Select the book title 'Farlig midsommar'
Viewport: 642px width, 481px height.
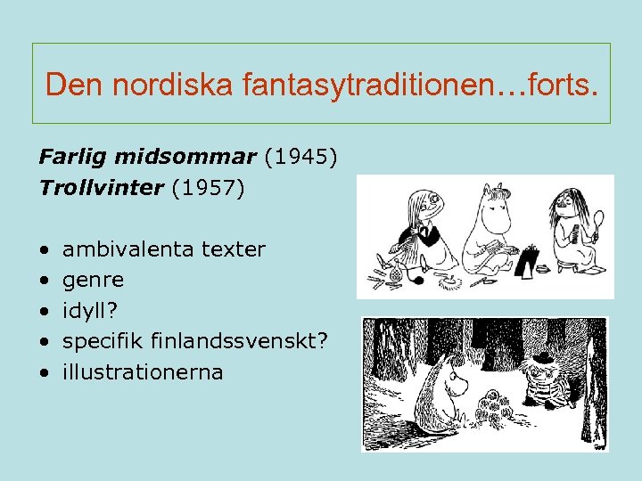(x=146, y=158)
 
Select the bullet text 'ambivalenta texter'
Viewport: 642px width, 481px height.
(x=164, y=249)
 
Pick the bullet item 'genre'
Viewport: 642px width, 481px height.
(x=93, y=280)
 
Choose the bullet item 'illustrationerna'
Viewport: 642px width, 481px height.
(x=143, y=371)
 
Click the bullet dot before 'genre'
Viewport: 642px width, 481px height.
(x=44, y=281)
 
